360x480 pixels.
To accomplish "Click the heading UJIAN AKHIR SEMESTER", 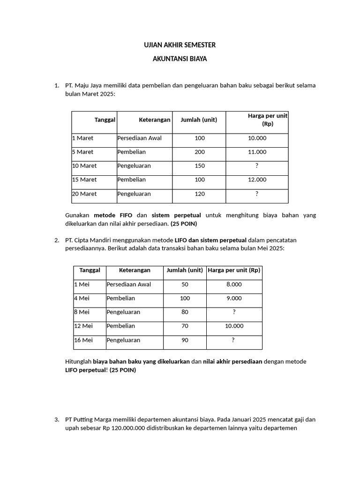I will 180,45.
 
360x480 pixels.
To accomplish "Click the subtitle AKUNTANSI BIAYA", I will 180,60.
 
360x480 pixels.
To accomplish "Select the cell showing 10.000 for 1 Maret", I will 257,138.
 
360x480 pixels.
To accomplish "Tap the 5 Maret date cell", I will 83,152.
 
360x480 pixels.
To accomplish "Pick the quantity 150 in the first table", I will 200,166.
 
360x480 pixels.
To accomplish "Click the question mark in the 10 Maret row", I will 257,166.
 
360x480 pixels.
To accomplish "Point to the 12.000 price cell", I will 257,180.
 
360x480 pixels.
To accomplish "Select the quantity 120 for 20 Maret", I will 200,194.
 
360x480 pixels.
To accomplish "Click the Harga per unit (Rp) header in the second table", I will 234,270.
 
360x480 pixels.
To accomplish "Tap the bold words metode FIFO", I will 113,215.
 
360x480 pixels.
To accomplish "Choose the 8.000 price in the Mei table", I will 234,284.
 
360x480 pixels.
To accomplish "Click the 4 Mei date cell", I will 82,298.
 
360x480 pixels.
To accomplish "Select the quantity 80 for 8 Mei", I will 185,312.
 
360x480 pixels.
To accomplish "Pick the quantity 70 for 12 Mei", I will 185,326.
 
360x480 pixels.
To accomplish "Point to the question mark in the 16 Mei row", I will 233,340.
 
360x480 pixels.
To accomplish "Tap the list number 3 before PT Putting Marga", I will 57,420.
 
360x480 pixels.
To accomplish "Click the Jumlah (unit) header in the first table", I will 199,120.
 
